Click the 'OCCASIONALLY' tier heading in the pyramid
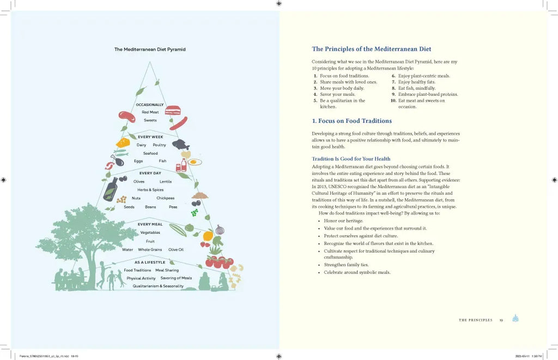(x=150, y=105)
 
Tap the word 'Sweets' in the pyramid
(x=150, y=120)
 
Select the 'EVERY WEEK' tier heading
(x=150, y=137)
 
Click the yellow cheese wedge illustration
(x=123, y=143)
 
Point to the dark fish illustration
(x=180, y=144)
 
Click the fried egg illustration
(x=195, y=162)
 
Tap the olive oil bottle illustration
(x=111, y=189)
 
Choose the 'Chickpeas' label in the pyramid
(x=165, y=198)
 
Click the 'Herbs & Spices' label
(x=150, y=190)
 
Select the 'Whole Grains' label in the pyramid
(x=150, y=249)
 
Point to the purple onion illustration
(x=220, y=229)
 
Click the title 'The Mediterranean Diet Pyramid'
(x=150, y=49)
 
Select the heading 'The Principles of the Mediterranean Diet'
(x=372, y=49)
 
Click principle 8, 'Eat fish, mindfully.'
(x=417, y=88)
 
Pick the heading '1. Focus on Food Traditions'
(x=351, y=121)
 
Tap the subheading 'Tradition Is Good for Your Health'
(x=351, y=159)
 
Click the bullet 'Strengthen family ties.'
(x=346, y=265)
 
